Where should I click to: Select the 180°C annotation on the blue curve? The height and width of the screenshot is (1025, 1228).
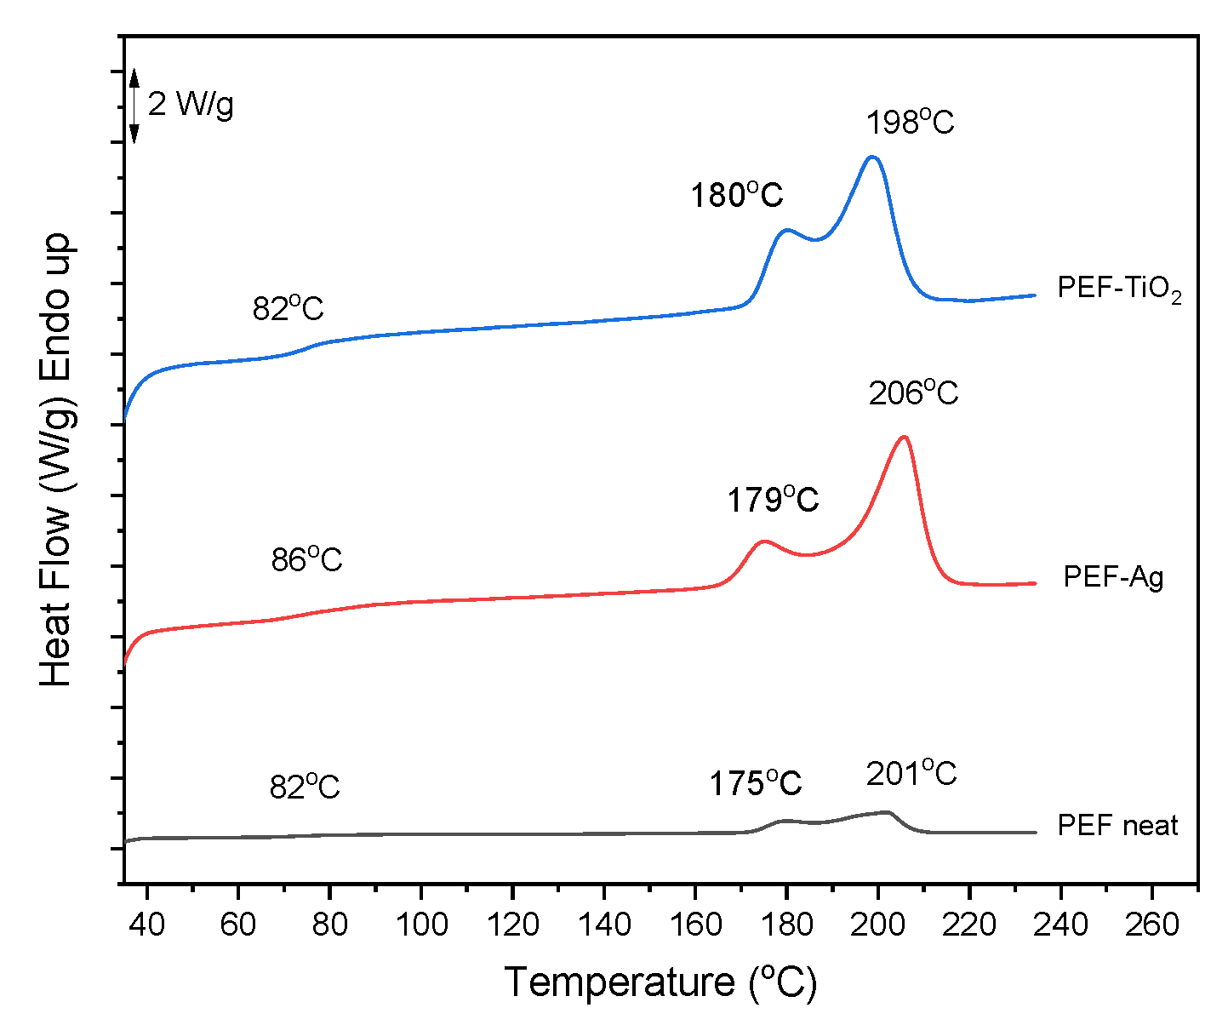tap(736, 196)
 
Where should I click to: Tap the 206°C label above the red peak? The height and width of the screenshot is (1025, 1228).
tap(913, 394)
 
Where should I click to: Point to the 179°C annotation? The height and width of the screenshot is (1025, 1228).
tap(772, 500)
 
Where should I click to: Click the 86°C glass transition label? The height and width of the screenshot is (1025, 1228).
tap(306, 559)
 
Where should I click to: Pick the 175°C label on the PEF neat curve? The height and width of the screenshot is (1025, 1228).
tap(756, 783)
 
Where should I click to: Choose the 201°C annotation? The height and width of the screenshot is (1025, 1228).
tap(911, 775)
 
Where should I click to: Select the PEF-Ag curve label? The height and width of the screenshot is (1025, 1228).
tap(1113, 577)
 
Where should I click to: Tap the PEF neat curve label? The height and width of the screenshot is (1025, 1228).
tap(1117, 825)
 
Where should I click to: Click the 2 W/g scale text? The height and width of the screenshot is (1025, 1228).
tap(191, 104)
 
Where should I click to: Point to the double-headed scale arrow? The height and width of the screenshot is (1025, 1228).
tap(134, 105)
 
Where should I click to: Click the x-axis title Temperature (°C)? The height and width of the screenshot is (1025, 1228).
tap(660, 982)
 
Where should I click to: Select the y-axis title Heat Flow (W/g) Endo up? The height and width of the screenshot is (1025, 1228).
tap(58, 460)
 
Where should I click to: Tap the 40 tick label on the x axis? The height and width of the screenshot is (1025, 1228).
tap(147, 924)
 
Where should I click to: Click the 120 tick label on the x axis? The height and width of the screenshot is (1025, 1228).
tap(512, 924)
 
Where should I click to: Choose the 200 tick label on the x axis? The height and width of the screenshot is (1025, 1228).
tap(877, 924)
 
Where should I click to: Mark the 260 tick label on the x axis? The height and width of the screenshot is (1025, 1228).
tap(1151, 924)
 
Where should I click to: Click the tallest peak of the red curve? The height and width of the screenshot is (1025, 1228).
tap(904, 437)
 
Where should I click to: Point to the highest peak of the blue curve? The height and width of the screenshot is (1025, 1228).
tap(871, 157)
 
